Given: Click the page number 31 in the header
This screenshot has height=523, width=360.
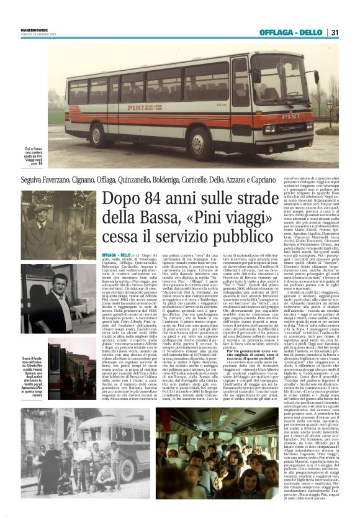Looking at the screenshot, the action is [334, 32].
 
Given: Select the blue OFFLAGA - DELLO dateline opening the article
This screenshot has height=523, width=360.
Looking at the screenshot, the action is [116, 255].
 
